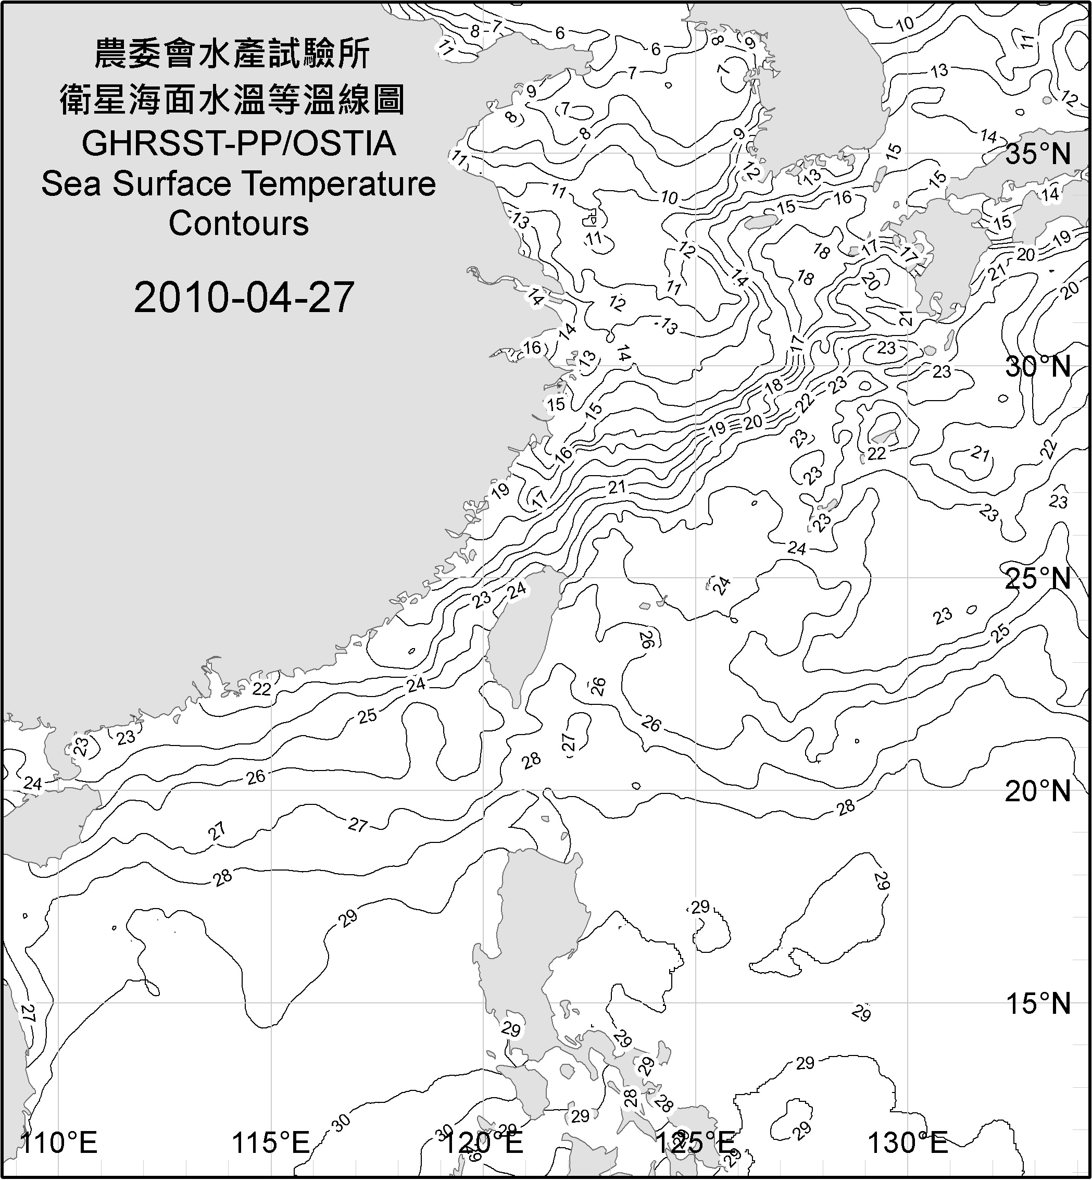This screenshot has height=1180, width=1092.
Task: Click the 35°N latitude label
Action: [1038, 155]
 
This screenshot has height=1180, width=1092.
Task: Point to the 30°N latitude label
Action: [1038, 367]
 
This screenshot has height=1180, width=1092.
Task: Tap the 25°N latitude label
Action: [1038, 579]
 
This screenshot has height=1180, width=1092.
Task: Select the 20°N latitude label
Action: [1038, 791]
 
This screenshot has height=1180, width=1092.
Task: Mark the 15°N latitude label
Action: [1038, 1003]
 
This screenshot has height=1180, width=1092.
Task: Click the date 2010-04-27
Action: [244, 297]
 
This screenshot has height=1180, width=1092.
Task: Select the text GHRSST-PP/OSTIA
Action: [239, 144]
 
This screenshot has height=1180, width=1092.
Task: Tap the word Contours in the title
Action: [239, 223]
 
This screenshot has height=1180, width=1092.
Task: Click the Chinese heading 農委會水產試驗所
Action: [232, 54]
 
